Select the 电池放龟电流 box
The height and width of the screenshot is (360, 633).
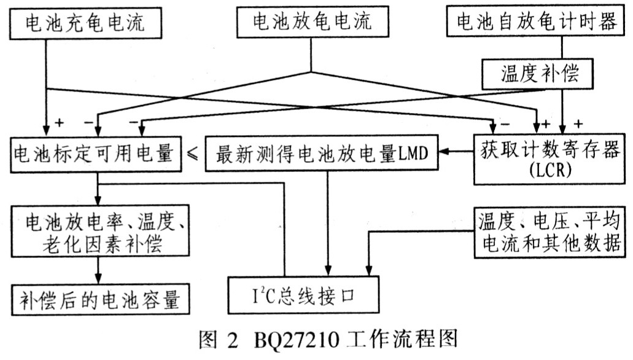click(312, 24)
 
